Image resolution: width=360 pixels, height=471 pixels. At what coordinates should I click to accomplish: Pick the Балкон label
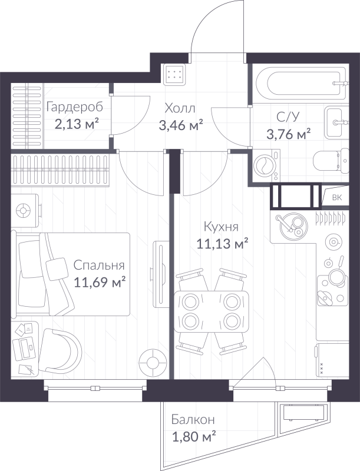click(x=193, y=420)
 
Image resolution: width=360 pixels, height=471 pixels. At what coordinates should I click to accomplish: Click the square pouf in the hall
click(x=175, y=74)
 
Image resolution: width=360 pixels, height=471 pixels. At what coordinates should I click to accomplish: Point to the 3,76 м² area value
click(x=288, y=134)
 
